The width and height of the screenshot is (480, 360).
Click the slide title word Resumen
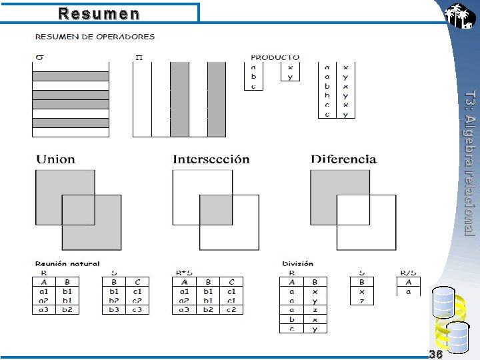coord(99,14)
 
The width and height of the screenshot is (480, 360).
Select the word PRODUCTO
coord(275,57)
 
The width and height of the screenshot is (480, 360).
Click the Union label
coord(55,159)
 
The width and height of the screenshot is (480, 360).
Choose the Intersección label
coord(201,159)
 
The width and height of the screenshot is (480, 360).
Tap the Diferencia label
coord(334,159)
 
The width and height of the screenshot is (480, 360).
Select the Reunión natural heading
coord(67,264)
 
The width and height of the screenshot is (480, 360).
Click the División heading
coord(297,264)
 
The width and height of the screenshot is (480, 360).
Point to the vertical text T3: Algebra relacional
coord(469,163)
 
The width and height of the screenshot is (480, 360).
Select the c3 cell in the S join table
coord(137,310)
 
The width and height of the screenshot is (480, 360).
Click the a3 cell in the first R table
coord(44,310)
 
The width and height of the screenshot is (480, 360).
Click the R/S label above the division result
coord(407,273)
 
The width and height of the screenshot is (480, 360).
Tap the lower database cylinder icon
coord(457,336)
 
